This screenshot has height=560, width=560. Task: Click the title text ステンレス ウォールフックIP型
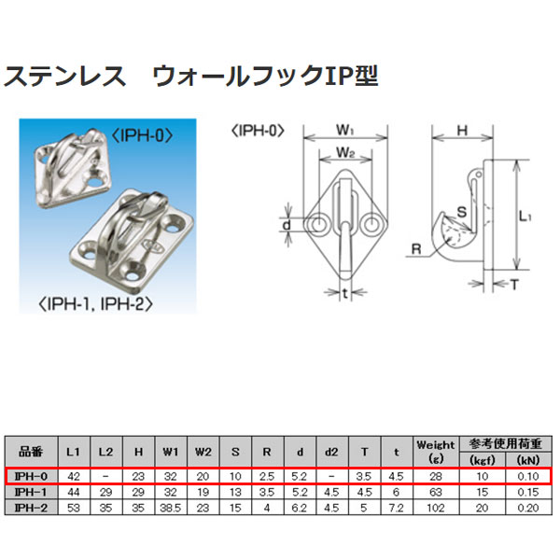coord(191,76)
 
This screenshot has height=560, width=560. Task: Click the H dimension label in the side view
coord(461,132)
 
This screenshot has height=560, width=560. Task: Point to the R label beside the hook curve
coord(414,248)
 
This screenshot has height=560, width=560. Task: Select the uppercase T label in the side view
coord(515,282)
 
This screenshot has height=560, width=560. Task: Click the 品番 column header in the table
coord(31,452)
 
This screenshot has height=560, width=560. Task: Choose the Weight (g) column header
coord(436,452)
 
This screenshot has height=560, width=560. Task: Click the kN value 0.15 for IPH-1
coord(529,491)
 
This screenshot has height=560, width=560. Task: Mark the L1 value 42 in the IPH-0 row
coord(74,476)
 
